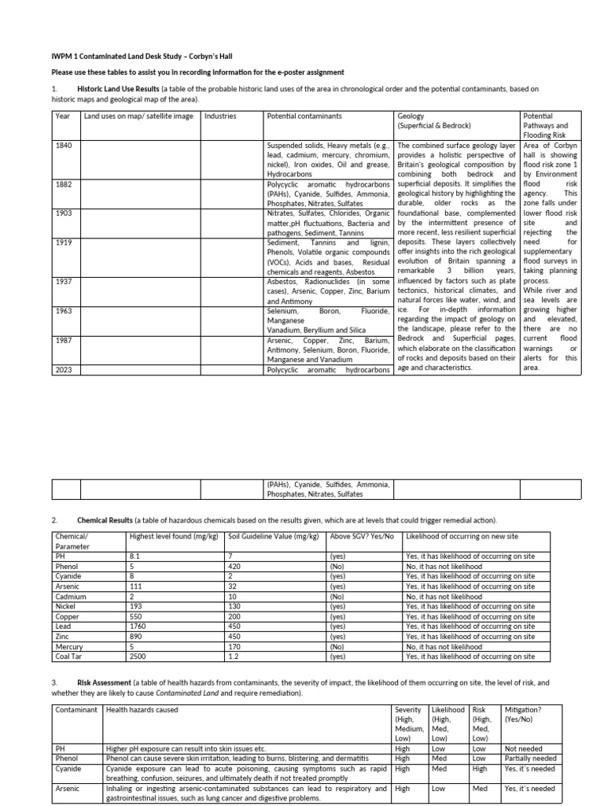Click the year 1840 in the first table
(63, 146)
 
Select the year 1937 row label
(63, 281)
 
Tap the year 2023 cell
(63, 369)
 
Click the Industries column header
(220, 116)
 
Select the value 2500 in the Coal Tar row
(138, 656)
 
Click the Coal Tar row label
(69, 656)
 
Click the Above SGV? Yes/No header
(361, 536)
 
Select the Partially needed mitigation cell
(531, 758)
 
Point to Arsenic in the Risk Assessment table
(68, 787)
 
